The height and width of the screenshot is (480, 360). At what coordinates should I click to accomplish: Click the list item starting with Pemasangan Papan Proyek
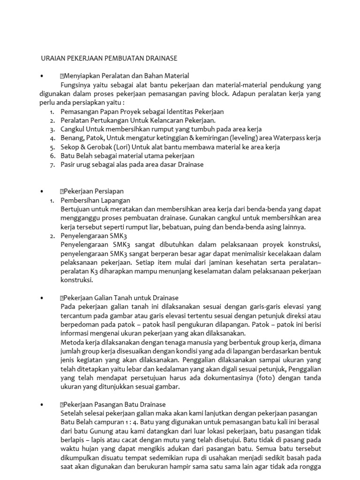[x=142, y=112]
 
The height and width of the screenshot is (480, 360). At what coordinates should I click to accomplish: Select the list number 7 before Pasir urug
[x=52, y=165]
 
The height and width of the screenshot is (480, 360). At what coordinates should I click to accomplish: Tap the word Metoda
[x=73, y=342]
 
